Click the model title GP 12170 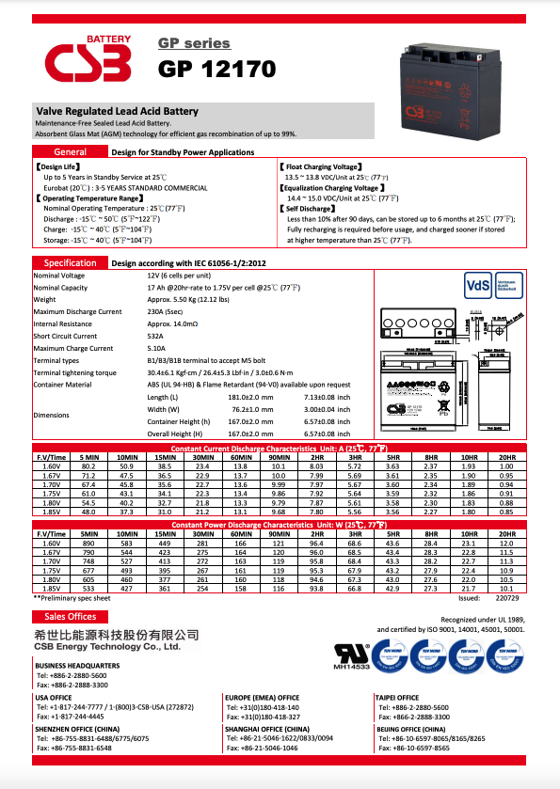216,69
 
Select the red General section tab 71,151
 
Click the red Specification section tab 70,263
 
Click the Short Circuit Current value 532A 156,336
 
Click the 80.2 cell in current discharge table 89,466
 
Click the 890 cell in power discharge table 89,544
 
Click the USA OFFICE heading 54,698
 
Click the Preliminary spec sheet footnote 72,597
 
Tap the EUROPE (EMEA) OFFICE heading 263,698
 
